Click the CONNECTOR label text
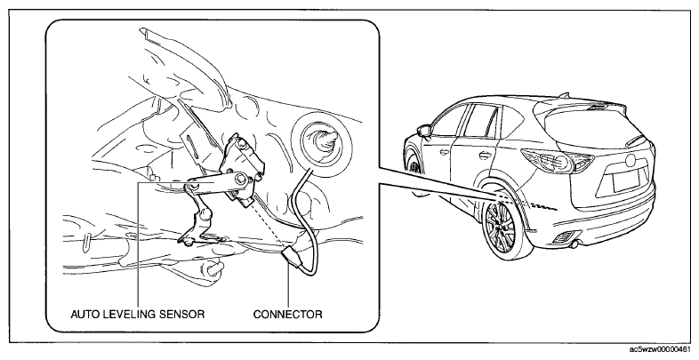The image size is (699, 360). coord(287,314)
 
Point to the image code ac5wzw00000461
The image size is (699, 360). coord(663,348)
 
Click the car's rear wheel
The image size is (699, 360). coord(502,229)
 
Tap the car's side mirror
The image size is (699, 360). coord(424,131)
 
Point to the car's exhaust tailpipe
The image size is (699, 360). coord(574,244)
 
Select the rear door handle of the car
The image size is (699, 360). coord(484,156)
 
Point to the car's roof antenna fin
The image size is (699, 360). coord(565,95)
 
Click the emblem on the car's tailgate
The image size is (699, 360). coord(631,159)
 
